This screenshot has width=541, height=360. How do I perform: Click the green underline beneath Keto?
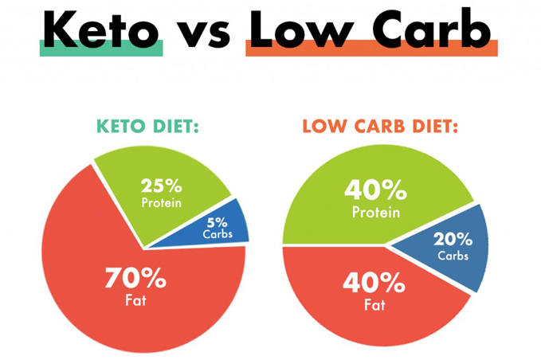101,49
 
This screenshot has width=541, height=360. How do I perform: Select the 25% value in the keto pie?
161,186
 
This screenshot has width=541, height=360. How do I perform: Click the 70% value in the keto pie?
135,280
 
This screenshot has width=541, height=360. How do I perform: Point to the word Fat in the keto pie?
136,301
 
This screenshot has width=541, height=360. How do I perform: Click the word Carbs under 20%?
453,256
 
